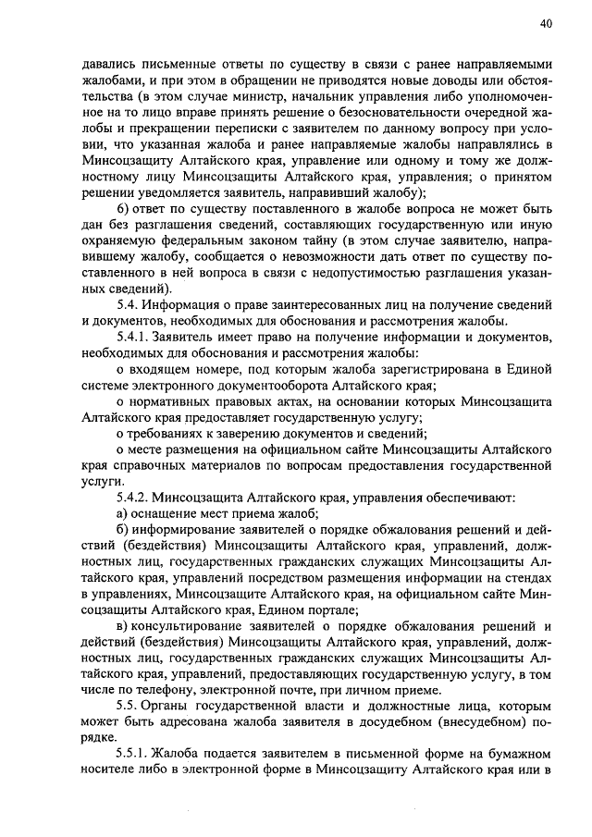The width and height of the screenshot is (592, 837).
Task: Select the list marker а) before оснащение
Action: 121,514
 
